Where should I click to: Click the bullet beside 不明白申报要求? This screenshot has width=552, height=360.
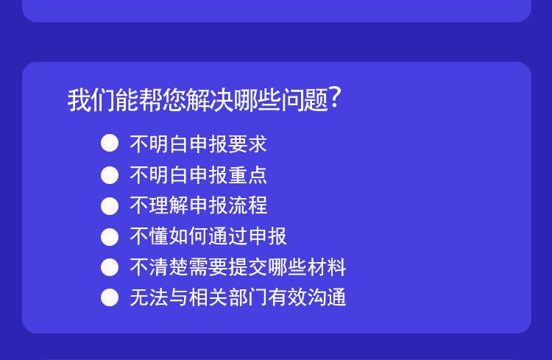pyautogui.click(x=110, y=144)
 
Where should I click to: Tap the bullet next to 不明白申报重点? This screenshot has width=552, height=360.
pyautogui.click(x=110, y=175)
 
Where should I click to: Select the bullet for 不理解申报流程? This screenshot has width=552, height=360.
pyautogui.click(x=110, y=205)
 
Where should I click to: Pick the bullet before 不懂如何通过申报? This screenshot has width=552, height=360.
pyautogui.click(x=110, y=237)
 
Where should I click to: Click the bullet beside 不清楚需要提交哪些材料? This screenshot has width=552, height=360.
pyautogui.click(x=110, y=267)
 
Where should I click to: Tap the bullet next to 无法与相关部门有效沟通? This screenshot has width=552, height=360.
pyautogui.click(x=110, y=297)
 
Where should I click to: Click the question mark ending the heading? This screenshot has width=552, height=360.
pyautogui.click(x=335, y=99)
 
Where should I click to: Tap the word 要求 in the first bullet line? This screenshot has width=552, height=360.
pyautogui.click(x=247, y=144)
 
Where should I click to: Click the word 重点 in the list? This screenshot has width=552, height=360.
pyautogui.click(x=247, y=175)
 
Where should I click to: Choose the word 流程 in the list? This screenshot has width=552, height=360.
pyautogui.click(x=247, y=205)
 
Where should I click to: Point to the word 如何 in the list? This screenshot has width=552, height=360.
pyautogui.click(x=188, y=236)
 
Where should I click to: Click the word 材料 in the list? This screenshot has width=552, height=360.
pyautogui.click(x=326, y=267)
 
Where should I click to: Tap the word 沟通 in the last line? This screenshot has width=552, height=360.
pyautogui.click(x=326, y=297)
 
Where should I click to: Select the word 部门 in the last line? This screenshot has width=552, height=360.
pyautogui.click(x=247, y=297)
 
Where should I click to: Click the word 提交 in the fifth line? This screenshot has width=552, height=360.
pyautogui.click(x=247, y=267)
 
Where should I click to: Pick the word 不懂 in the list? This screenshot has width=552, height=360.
pyautogui.click(x=149, y=236)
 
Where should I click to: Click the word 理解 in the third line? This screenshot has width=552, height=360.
pyautogui.click(x=169, y=205)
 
